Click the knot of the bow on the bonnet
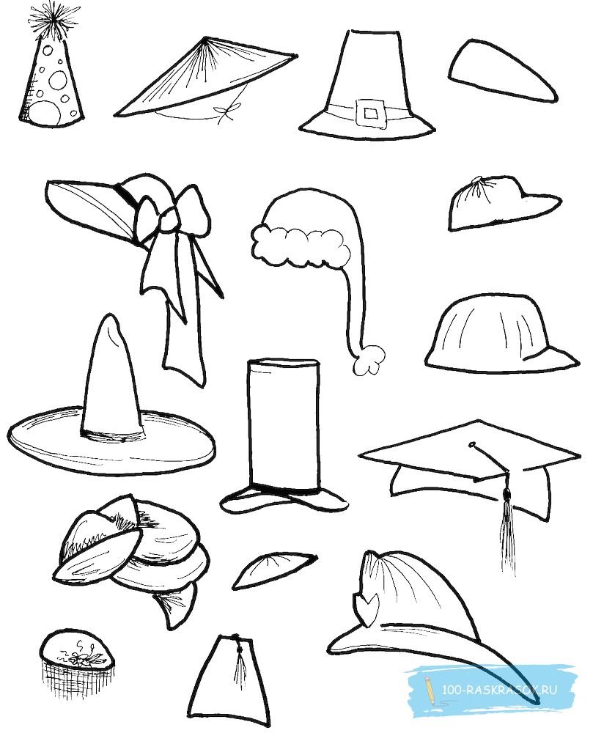(x=168, y=219)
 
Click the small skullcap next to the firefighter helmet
(x=273, y=570)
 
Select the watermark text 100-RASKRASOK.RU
(x=499, y=690)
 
